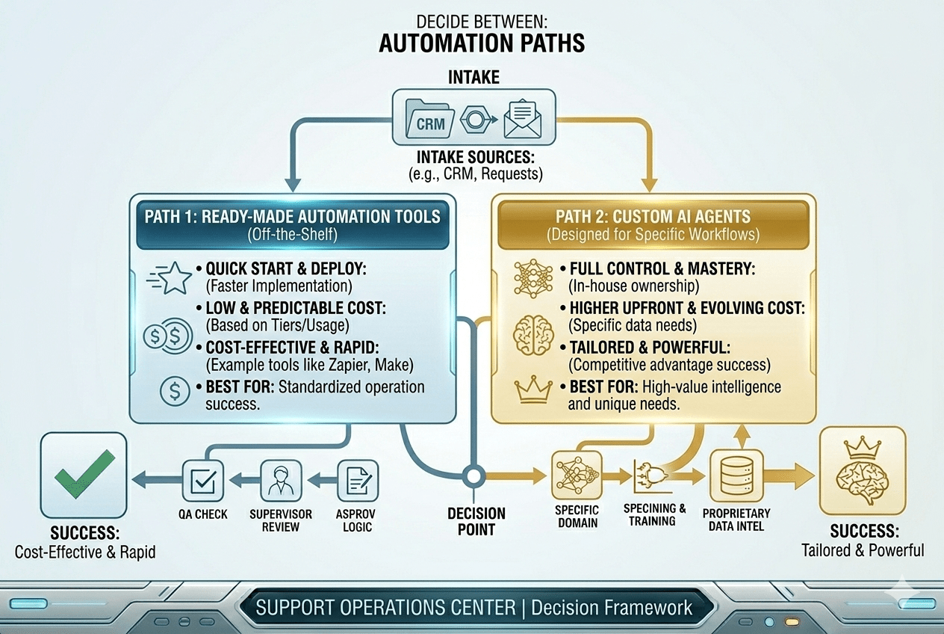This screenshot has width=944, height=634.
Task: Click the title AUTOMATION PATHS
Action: pyautogui.click(x=481, y=43)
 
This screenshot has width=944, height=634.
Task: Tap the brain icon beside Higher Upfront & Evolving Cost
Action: pyautogui.click(x=533, y=334)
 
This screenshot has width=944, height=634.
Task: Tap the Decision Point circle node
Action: pyautogui.click(x=472, y=476)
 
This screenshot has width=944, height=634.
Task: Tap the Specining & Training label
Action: pyautogui.click(x=655, y=514)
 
